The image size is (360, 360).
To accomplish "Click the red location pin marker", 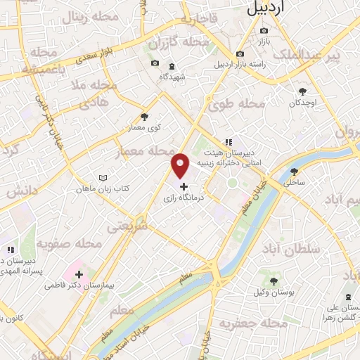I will (x=180, y=165).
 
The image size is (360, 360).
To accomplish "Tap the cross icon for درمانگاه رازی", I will (x=184, y=187).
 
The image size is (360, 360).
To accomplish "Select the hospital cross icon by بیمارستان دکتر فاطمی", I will (x=79, y=274).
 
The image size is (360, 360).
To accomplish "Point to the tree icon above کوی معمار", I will (x=145, y=117).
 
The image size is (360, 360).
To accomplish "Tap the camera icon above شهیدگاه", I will (x=155, y=64).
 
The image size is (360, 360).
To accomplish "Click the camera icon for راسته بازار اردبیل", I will (x=240, y=54).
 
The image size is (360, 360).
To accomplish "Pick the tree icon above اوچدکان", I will (x=303, y=91).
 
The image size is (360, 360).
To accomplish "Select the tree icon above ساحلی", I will (x=294, y=171).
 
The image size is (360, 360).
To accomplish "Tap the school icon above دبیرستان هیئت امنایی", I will (x=227, y=141).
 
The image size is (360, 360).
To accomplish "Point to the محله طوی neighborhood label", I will (x=237, y=104).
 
